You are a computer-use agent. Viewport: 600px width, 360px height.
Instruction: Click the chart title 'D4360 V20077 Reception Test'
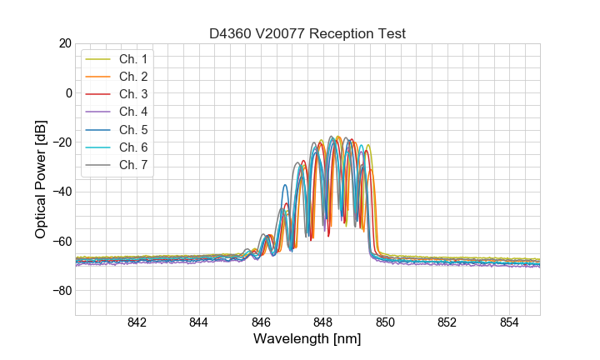tap(307, 33)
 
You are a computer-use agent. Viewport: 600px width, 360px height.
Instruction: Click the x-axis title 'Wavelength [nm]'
tap(307, 340)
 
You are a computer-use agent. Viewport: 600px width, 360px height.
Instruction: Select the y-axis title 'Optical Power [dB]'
tap(41, 179)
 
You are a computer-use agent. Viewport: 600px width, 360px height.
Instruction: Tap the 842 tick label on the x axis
tap(137, 322)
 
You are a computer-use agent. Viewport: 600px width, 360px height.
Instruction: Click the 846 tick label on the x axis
tap(261, 322)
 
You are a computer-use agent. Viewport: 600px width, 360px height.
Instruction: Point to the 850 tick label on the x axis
tap(385, 322)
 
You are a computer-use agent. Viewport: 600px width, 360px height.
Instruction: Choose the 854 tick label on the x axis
tap(509, 322)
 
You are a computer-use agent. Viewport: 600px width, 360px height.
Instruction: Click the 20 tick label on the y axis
tap(65, 43)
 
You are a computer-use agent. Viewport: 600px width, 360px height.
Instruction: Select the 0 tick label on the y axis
tap(68, 92)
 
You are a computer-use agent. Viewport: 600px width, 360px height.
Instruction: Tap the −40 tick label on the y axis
tap(62, 192)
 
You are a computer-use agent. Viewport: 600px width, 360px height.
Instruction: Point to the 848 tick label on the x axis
tap(323, 322)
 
